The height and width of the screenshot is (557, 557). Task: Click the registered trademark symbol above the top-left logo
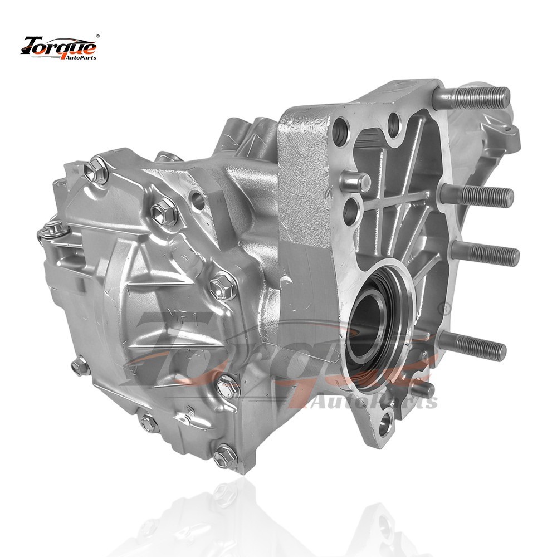pyautogui.click(x=98, y=36)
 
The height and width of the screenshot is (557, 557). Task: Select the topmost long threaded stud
pyautogui.click(x=472, y=96)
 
